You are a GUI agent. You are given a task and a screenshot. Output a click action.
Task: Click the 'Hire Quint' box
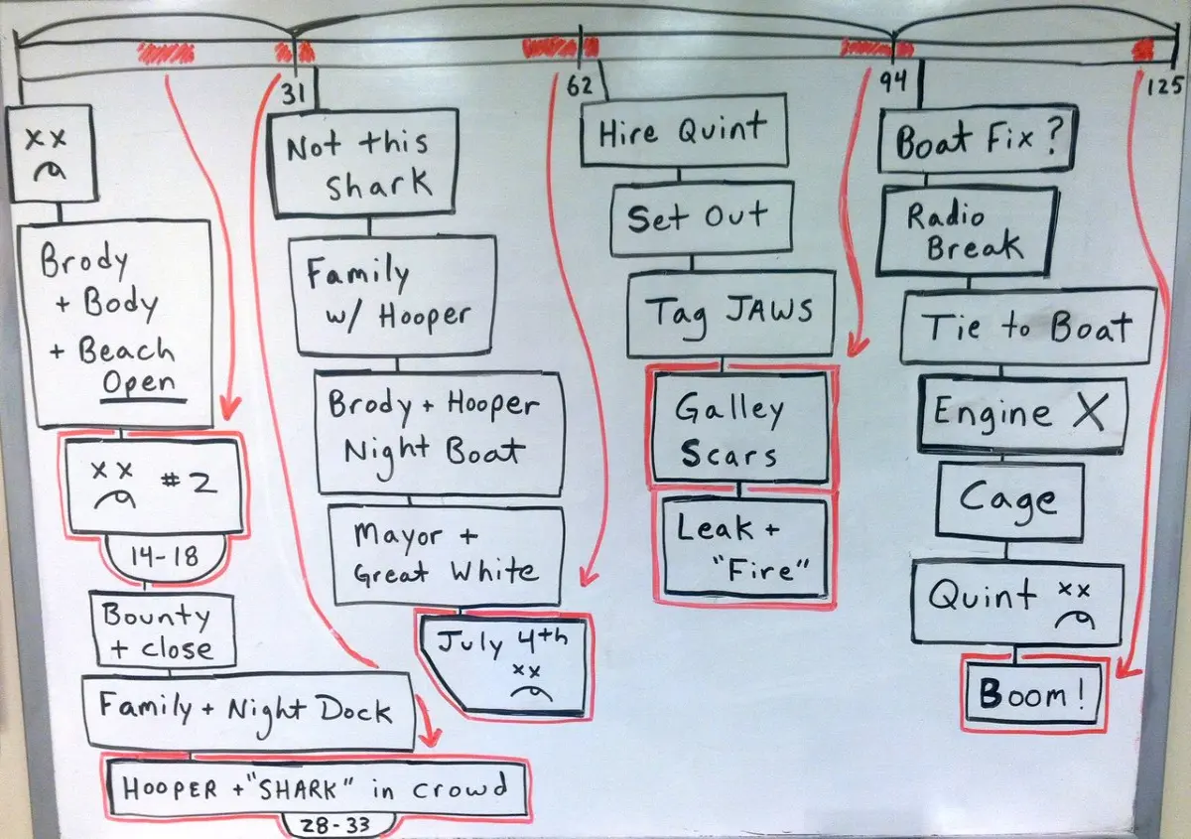pos(684,131)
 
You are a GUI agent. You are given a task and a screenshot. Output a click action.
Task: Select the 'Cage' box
pos(1008,501)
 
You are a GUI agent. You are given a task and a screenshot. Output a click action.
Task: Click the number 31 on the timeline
pos(293,94)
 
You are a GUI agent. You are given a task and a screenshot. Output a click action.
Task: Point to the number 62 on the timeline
pos(579,86)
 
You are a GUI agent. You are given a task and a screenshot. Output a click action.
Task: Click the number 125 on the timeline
pos(1164,86)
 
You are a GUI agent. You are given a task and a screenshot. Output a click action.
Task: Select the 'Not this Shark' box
pos(363,163)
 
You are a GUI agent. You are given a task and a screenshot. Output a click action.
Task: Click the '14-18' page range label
pos(165,557)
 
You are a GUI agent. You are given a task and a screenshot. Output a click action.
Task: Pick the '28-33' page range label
pos(335,826)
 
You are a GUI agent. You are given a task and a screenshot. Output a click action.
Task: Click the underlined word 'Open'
pos(139,383)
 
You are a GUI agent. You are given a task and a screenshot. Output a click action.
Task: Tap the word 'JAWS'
pos(769,310)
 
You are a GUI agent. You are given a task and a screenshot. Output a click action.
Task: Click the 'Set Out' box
pos(702,218)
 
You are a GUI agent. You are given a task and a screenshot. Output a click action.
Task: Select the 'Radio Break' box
pos(966,231)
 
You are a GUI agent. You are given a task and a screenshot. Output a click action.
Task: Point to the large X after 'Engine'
pos(1089,411)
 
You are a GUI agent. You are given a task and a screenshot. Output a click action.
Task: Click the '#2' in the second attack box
pos(189,484)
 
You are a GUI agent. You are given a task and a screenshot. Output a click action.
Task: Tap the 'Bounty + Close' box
pos(163,629)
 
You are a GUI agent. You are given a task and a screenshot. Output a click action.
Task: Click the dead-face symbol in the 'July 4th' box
pos(531,681)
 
